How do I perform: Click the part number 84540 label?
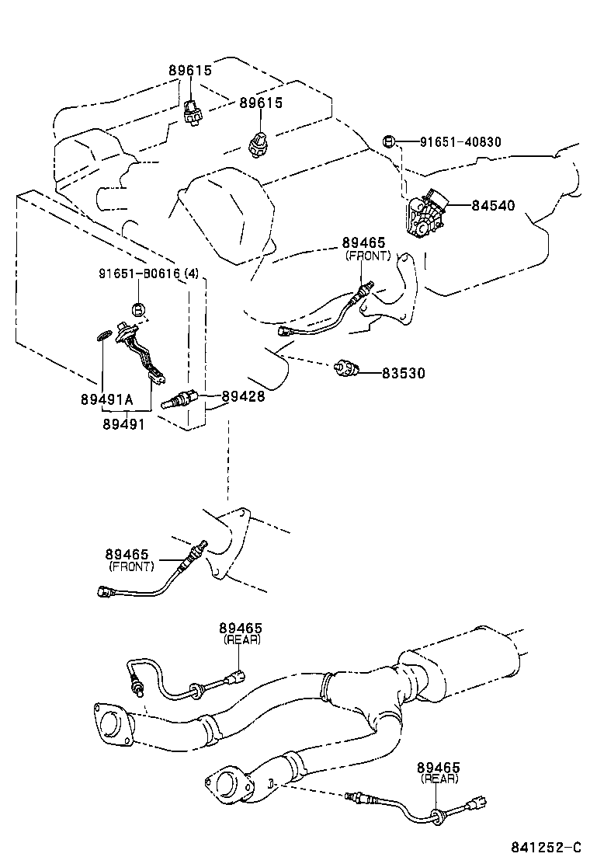[493, 206]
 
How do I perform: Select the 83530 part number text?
[403, 373]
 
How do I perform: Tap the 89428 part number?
[243, 396]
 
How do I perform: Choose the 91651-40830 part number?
[460, 142]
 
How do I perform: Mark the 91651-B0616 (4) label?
[148, 273]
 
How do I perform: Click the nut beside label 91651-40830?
[390, 141]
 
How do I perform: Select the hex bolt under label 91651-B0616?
[137, 309]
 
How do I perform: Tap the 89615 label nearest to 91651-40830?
[261, 103]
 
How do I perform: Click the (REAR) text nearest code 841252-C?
[439, 778]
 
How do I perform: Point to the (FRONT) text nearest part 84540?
[368, 256]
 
